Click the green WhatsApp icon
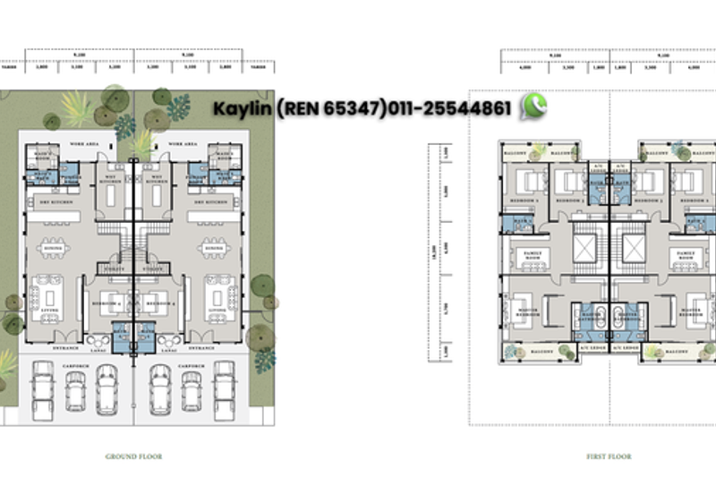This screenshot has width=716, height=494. [x=534, y=107]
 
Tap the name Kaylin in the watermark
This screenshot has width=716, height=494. [x=242, y=108]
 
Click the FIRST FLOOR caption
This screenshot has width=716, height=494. [x=609, y=456]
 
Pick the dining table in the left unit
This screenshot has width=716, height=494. [x=54, y=248]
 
